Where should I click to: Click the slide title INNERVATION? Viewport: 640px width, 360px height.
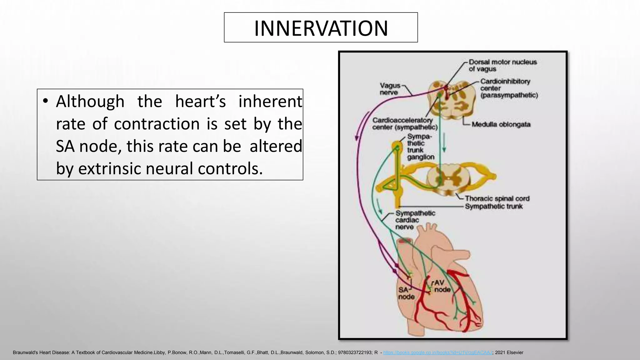321,28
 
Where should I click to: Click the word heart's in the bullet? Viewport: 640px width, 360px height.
200,102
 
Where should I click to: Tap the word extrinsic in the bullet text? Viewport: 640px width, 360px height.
110,169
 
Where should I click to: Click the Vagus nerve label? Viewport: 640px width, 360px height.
390,89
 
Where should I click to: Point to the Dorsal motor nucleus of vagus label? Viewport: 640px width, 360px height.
502,66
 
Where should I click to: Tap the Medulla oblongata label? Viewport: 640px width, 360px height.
501,124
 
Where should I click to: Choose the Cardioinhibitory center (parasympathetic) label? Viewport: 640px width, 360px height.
508,88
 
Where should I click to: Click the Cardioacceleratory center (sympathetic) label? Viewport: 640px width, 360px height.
404,124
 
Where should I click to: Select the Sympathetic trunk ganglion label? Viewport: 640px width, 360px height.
420,147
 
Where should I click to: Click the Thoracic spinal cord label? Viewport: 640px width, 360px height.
497,198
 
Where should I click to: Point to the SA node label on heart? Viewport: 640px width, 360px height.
406,293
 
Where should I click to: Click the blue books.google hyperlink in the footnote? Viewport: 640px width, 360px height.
437,352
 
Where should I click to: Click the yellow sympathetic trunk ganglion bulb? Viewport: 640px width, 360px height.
397,146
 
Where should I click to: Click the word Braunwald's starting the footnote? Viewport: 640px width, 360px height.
25,352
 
